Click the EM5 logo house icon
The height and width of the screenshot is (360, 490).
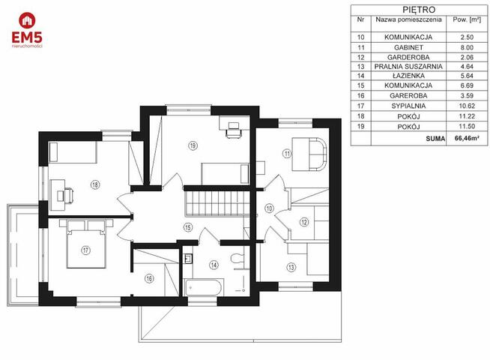[x=27, y=20]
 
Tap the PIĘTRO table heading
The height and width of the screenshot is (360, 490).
[x=419, y=10]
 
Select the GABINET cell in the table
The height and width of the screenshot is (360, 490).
[x=408, y=47]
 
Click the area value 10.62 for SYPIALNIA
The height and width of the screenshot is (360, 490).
[x=467, y=106]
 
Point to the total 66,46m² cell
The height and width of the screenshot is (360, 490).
[x=467, y=138]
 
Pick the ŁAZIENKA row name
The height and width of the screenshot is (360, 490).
[x=408, y=76]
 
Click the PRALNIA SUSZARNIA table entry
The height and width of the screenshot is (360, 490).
[x=408, y=67]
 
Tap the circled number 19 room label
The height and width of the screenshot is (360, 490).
[x=193, y=145]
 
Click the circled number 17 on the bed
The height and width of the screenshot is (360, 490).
[x=85, y=250]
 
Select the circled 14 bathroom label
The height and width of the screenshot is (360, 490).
[x=214, y=265]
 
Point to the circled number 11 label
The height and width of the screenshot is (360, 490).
[x=287, y=154]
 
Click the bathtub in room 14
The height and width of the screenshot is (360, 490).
[x=204, y=287]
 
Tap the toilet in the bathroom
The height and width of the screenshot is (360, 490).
[x=238, y=258]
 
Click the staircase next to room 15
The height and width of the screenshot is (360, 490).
[x=218, y=203]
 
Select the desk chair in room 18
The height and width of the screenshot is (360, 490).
[x=69, y=195]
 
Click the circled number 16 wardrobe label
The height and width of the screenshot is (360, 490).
[x=149, y=278]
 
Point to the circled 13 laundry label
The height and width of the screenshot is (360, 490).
[x=291, y=268]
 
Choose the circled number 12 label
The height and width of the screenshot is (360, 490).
[x=304, y=222]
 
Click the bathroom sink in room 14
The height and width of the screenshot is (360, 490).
[x=188, y=259]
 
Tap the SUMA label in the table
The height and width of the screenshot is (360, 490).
[x=435, y=139]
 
